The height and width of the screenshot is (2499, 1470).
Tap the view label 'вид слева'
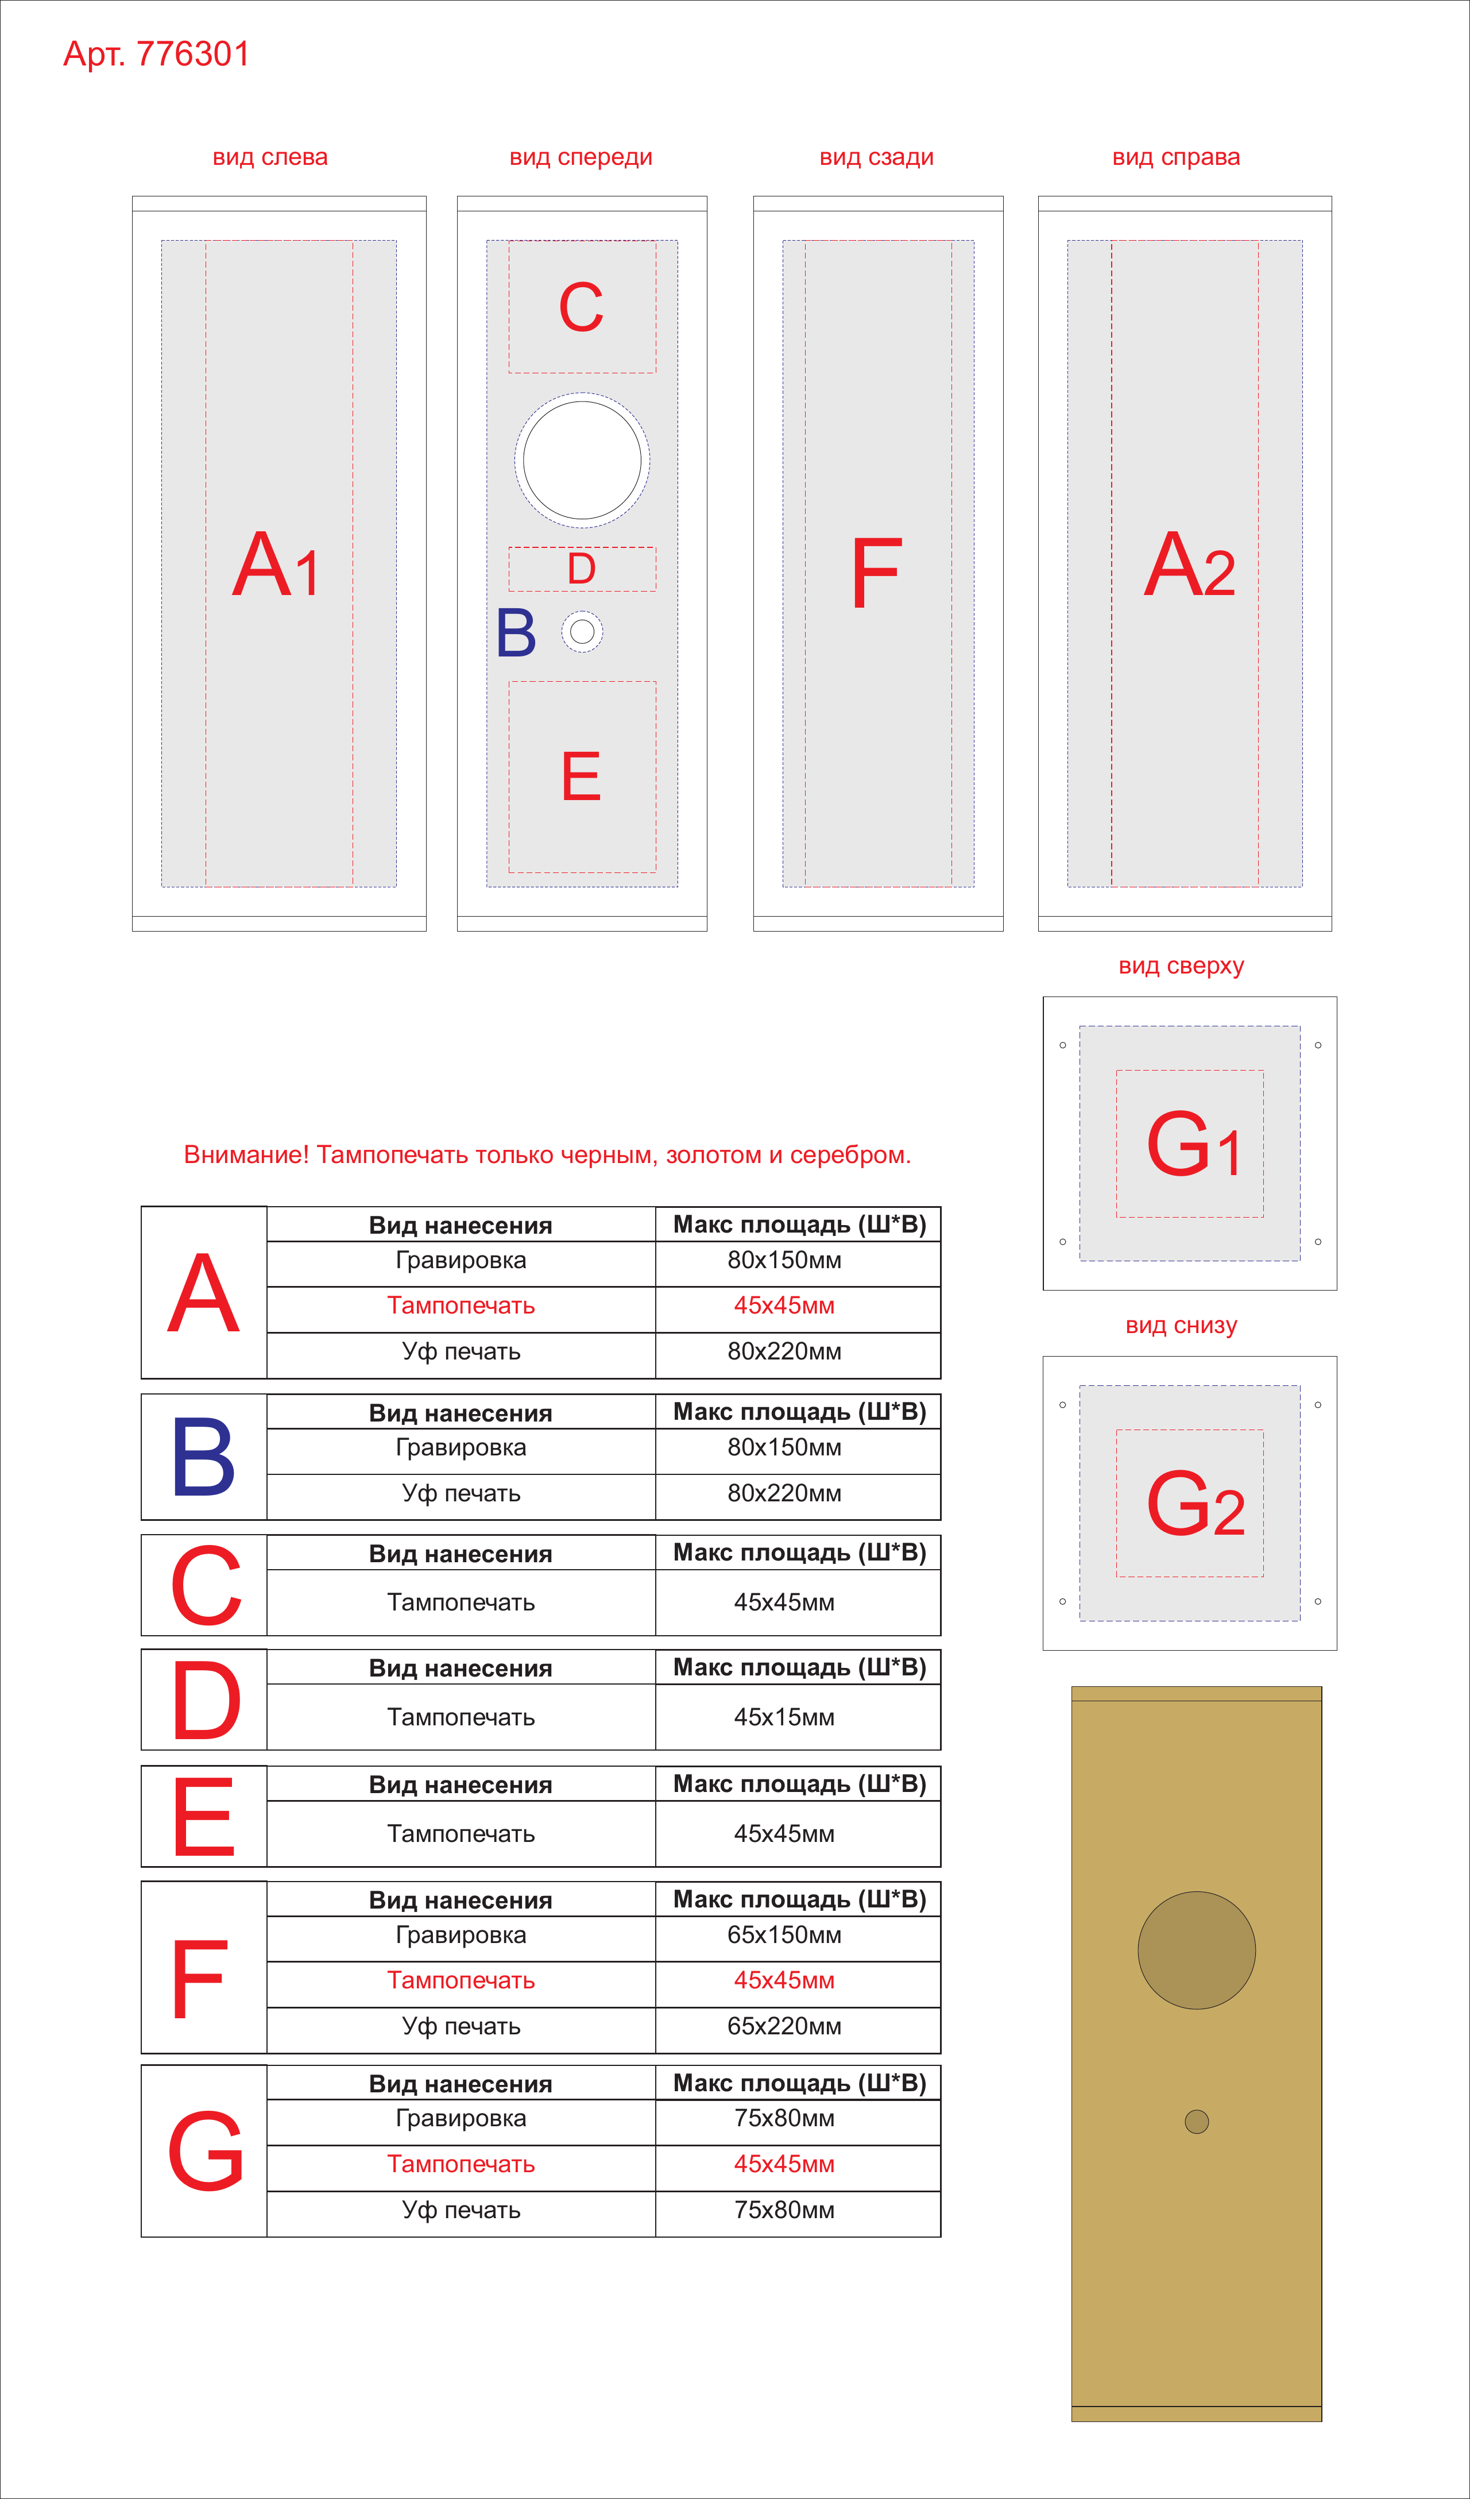(270, 158)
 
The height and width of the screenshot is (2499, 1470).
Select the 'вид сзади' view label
(876, 158)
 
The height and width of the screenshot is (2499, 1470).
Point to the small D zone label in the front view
(582, 569)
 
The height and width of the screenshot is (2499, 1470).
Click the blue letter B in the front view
(516, 633)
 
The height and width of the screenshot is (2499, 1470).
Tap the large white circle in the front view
(582, 460)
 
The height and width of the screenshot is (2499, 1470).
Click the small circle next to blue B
(582, 632)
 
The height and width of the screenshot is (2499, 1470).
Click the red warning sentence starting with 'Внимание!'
(547, 1155)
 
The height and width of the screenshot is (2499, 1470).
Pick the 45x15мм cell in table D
(784, 1717)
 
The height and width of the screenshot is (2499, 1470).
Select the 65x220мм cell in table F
(784, 2026)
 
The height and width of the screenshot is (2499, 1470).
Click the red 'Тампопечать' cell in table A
(461, 1306)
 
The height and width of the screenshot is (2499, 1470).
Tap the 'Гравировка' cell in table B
(461, 1448)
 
